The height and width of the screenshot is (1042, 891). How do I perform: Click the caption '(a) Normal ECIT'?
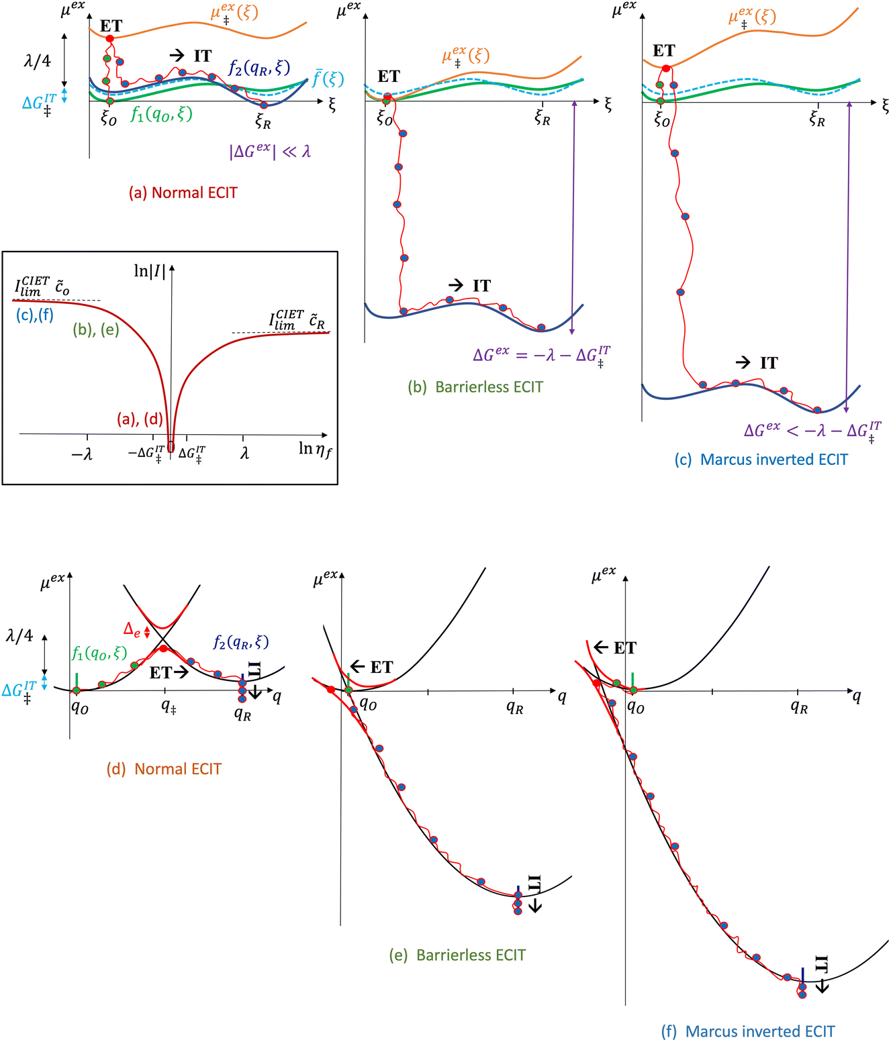[x=183, y=193]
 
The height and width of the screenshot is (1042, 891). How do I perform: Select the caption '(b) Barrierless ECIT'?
[x=475, y=387]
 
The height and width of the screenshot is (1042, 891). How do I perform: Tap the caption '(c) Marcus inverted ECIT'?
[x=761, y=460]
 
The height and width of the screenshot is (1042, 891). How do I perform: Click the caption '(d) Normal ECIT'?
[x=164, y=769]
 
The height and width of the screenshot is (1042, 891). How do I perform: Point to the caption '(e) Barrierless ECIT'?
[x=457, y=955]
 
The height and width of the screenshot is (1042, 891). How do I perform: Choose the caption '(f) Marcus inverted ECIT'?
[x=748, y=1031]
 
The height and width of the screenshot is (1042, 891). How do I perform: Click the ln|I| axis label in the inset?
[x=150, y=271]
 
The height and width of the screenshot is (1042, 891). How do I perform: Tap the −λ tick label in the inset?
[x=81, y=454]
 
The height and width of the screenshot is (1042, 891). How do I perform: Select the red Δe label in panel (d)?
[x=132, y=629]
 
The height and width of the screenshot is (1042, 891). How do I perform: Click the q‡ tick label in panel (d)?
[x=169, y=706]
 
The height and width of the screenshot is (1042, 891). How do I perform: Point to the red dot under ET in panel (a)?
[x=110, y=38]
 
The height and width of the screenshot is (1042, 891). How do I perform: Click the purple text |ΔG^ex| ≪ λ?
[x=270, y=151]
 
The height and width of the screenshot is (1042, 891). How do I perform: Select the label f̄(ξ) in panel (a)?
[x=328, y=79]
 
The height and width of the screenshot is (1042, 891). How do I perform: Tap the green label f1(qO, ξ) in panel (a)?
[x=161, y=114]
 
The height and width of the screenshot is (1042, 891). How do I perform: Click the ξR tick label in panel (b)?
[x=542, y=119]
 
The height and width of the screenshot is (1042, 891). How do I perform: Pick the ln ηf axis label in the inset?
[x=315, y=450]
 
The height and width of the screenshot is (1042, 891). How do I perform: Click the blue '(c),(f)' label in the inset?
[x=35, y=314]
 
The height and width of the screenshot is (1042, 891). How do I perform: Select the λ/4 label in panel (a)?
[x=37, y=61]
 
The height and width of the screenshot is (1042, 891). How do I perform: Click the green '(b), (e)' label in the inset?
[x=96, y=329]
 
